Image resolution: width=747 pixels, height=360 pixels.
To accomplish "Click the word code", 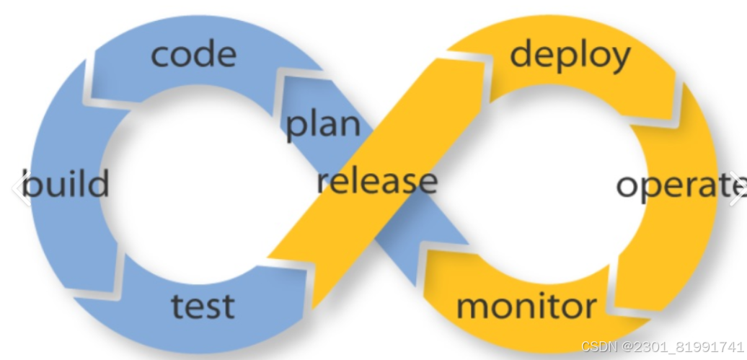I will pyautogui.click(x=193, y=54).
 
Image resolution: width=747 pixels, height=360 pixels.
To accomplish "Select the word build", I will pyautogui.click(x=66, y=184).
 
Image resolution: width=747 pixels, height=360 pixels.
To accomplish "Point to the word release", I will pyautogui.click(x=376, y=180).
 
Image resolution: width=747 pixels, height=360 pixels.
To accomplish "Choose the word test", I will pyautogui.click(x=203, y=305).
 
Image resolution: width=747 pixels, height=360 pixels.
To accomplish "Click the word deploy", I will pyautogui.click(x=570, y=55).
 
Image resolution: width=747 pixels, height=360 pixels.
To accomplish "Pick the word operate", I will pyautogui.click(x=679, y=185).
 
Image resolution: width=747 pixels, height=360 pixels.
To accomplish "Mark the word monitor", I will pyautogui.click(x=526, y=306).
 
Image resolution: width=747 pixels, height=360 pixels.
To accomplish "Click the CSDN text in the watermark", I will pyautogui.click(x=597, y=346).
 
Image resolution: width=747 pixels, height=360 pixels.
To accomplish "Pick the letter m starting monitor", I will pyautogui.click(x=472, y=307).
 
